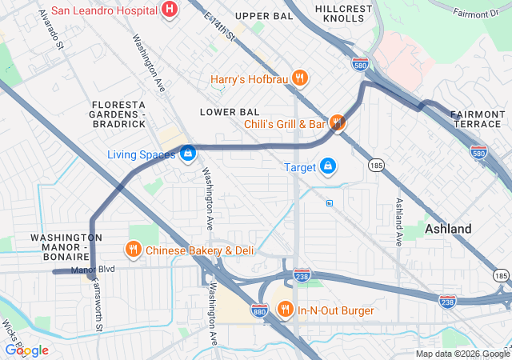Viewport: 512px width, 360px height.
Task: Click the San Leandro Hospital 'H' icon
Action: [170, 10]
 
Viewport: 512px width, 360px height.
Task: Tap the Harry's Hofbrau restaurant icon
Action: [299, 78]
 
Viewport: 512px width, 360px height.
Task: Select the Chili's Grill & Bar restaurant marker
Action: [338, 123]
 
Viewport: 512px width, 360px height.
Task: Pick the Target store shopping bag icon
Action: [327, 166]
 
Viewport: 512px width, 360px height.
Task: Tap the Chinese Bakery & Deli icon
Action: [133, 250]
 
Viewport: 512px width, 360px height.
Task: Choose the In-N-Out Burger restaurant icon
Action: [285, 309]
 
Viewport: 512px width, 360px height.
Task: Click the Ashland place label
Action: [447, 229]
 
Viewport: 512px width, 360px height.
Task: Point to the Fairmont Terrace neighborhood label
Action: [478, 119]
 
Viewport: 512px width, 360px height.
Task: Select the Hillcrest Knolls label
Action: [344, 13]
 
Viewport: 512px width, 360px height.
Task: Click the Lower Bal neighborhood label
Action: [230, 111]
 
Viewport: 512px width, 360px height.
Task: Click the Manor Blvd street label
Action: [94, 270]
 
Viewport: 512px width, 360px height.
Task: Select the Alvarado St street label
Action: [50, 30]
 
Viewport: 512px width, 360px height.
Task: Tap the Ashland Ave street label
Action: [398, 220]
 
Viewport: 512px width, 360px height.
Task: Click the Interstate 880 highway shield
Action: [258, 309]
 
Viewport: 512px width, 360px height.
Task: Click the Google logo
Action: [27, 350]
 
